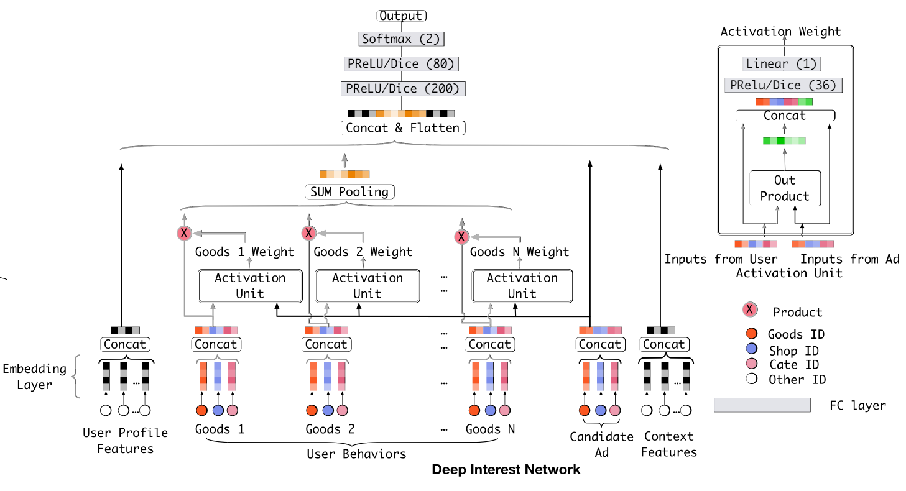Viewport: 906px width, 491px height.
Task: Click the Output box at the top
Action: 401,16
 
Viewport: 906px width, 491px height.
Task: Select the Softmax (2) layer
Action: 401,39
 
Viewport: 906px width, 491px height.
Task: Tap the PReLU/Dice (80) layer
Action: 401,63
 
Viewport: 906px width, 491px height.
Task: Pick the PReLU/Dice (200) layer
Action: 401,89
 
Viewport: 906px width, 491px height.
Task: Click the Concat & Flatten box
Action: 402,128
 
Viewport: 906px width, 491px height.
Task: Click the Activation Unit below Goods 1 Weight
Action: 250,285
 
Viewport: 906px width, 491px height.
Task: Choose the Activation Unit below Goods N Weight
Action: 522,285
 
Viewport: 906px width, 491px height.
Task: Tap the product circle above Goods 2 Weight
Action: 308,234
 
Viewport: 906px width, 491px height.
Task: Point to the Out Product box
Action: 784,188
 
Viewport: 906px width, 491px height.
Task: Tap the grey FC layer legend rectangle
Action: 762,405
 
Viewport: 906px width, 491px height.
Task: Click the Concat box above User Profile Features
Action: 125,344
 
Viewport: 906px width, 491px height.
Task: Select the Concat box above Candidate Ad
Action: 600,344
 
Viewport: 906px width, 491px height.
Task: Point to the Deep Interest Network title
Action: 506,469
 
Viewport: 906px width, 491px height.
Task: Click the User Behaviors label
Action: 356,454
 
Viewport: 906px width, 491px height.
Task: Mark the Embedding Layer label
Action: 34,377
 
